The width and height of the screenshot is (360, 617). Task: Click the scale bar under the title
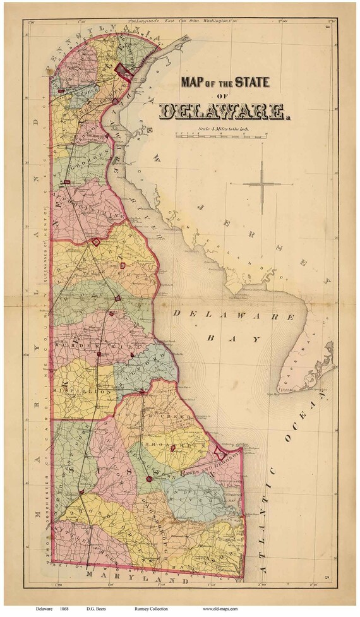(x=220, y=135)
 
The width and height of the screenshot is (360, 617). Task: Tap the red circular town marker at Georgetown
(x=149, y=479)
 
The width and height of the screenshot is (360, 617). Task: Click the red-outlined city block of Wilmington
(x=124, y=72)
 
